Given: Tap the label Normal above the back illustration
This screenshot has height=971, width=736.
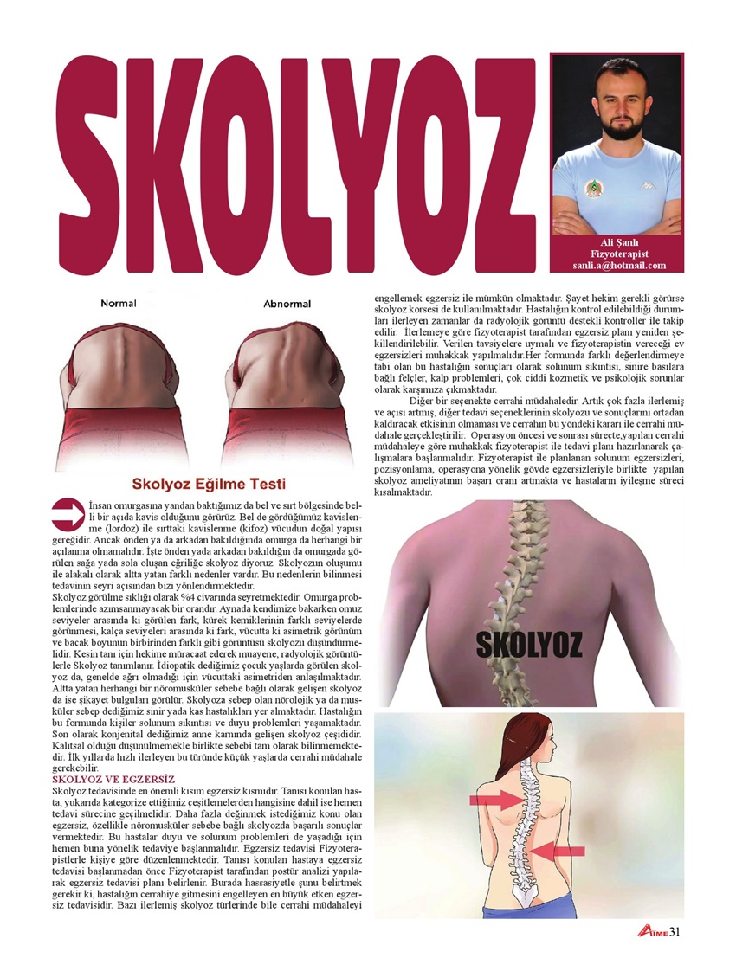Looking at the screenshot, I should point(118,304).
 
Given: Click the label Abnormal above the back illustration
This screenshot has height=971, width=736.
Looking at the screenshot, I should point(287,304).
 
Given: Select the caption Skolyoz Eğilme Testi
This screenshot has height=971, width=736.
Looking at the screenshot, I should point(208,483).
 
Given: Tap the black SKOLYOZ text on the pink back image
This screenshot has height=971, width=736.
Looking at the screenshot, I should point(529,643).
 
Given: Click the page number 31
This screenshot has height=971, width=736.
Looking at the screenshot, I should point(676,931).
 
